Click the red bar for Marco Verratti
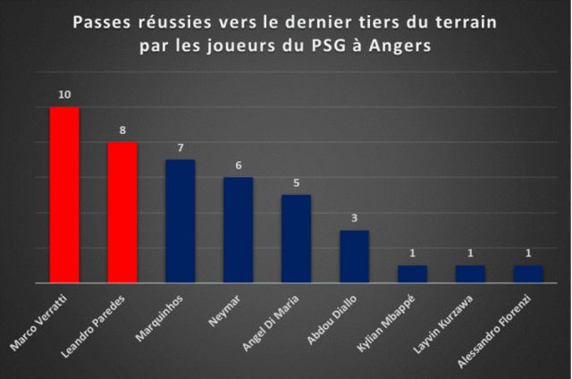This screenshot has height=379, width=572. coord(64,195)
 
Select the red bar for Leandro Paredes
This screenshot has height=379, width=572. coord(122,213)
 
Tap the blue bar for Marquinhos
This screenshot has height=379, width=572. coord(181,222)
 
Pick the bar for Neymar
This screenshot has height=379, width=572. coord(238,231)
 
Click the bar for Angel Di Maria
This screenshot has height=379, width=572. coord(296,239)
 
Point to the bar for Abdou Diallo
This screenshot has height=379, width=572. coord(354,257)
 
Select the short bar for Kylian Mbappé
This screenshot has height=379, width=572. coord(412,274)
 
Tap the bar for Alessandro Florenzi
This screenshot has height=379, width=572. coord(527,274)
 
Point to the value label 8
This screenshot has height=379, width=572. coord(122,131)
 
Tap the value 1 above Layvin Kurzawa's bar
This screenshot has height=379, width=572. coord(470,254)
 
